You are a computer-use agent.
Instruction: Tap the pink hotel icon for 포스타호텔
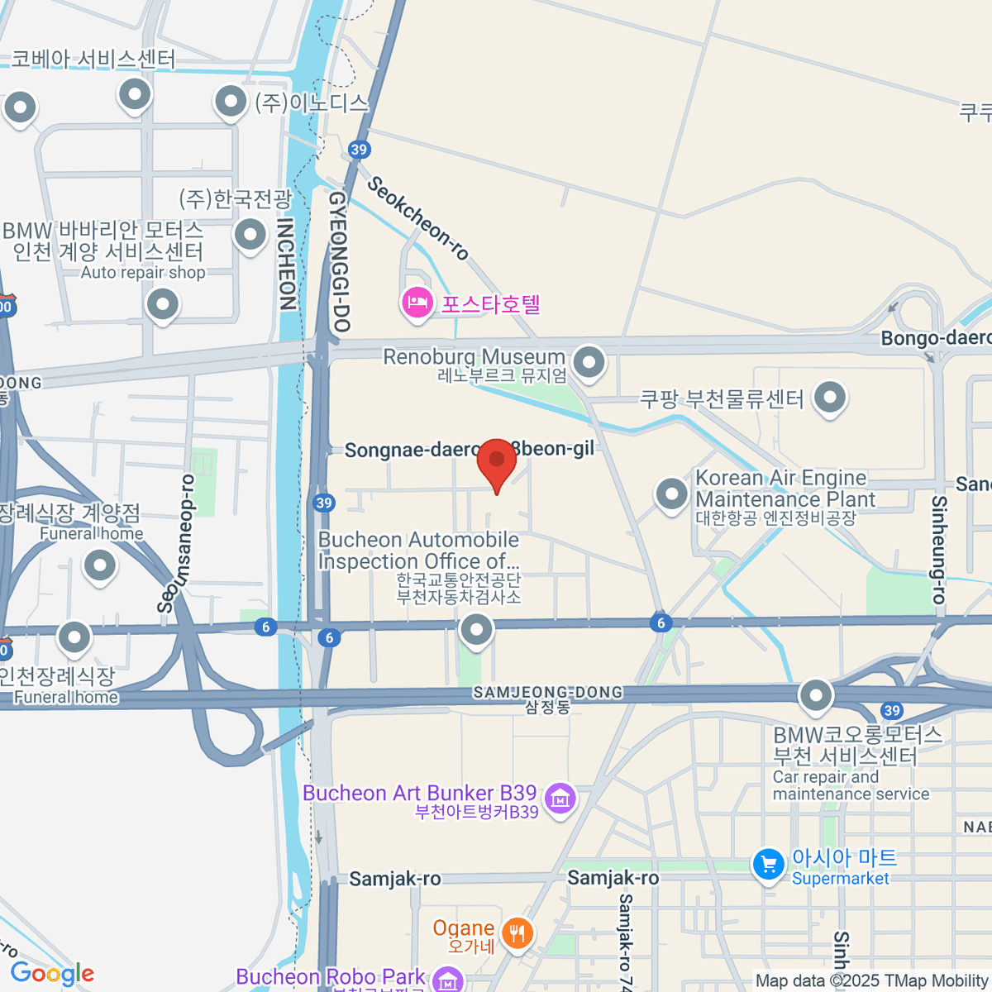click(417, 302)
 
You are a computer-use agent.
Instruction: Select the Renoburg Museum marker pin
click(589, 361)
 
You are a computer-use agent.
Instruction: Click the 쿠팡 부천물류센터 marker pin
click(829, 396)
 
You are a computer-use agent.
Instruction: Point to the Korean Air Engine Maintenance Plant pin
click(671, 494)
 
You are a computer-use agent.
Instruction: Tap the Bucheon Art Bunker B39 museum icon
click(560, 799)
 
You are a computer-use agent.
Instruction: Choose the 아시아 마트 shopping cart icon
click(768, 865)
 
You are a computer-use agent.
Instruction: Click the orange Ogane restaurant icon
click(517, 933)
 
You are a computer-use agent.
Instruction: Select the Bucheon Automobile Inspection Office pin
click(476, 630)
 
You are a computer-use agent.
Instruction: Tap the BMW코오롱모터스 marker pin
click(816, 694)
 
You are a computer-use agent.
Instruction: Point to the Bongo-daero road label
click(935, 338)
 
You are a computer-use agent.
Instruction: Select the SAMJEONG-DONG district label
click(547, 693)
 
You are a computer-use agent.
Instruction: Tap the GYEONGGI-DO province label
click(339, 261)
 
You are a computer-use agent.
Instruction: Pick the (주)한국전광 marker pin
click(250, 234)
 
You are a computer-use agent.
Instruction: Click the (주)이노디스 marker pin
click(231, 103)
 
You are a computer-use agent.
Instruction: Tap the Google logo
click(53, 974)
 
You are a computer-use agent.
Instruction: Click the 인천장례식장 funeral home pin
click(74, 637)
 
